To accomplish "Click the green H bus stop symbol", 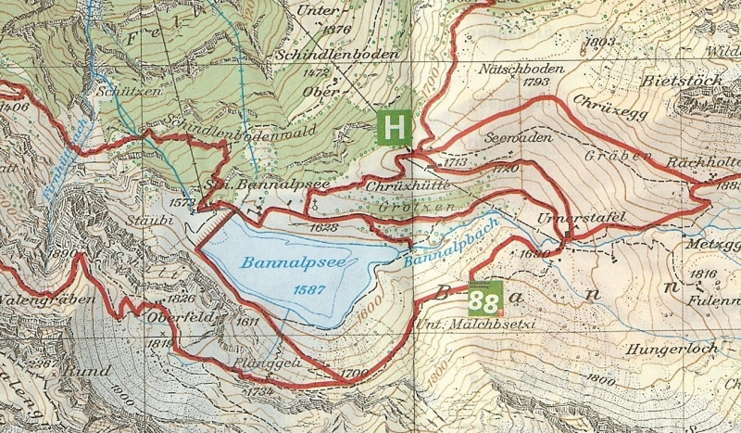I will pos(395,127).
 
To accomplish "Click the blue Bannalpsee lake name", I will pos(286,263).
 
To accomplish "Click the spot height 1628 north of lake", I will pos(324,226).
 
